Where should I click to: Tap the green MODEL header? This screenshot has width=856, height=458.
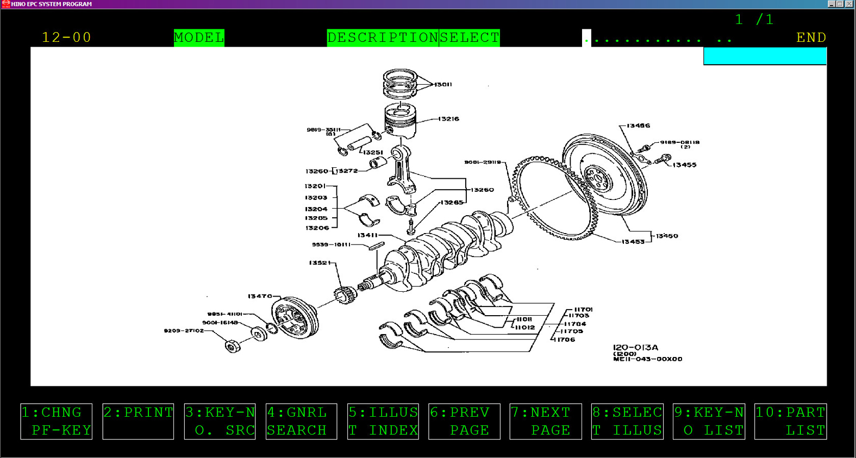pos(199,37)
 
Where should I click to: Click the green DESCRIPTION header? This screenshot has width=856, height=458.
pos(383,37)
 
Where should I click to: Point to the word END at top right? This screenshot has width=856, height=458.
pos(811,37)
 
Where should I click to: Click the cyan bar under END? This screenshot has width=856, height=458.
pos(765,56)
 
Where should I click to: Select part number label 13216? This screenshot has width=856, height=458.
pos(448,119)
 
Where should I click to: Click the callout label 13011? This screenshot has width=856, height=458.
pos(443,84)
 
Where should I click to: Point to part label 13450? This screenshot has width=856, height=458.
pos(667,236)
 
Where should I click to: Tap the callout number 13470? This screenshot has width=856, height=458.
pos(260,296)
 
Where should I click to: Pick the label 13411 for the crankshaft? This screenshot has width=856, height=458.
pos(367,235)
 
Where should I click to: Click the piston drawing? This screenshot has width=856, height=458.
pos(401,120)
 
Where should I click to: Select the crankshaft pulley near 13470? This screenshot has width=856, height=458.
pos(295,318)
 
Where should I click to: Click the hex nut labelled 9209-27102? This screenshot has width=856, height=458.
pos(233,346)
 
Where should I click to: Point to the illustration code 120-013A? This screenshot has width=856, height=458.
pos(635,347)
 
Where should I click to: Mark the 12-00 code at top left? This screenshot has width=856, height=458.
pos(66,37)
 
